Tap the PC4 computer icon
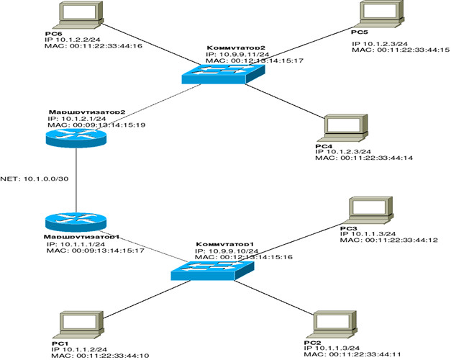[340, 127]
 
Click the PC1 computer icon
[78, 325]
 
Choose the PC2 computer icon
[330, 326]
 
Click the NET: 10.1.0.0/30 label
[35, 178]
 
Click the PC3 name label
[347, 228]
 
